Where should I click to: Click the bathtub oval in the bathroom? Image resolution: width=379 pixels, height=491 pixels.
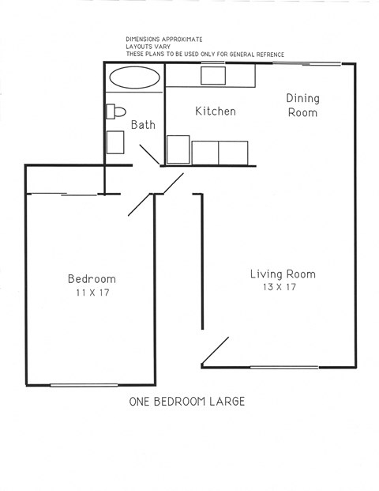coord(133,77)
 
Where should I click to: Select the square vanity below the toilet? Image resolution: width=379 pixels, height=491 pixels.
coord(115,142)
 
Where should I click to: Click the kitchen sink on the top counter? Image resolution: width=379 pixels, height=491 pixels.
coord(212,76)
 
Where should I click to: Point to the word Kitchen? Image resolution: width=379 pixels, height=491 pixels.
coord(215,111)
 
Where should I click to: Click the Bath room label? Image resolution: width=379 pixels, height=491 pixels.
coord(143,125)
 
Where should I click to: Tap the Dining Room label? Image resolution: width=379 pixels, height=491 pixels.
coord(302,105)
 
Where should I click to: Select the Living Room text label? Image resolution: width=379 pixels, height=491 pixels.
coord(283,274)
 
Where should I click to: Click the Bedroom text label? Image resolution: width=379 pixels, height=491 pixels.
coord(92,278)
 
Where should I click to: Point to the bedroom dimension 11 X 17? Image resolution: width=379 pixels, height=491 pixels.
coord(92,293)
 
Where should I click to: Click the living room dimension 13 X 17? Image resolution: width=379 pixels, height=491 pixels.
coord(280,288)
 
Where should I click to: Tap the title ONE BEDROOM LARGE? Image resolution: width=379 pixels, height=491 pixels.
coord(186,402)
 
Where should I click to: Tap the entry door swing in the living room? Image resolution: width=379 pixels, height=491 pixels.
coord(216,352)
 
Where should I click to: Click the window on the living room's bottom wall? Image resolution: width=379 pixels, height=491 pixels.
coord(284,367)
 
